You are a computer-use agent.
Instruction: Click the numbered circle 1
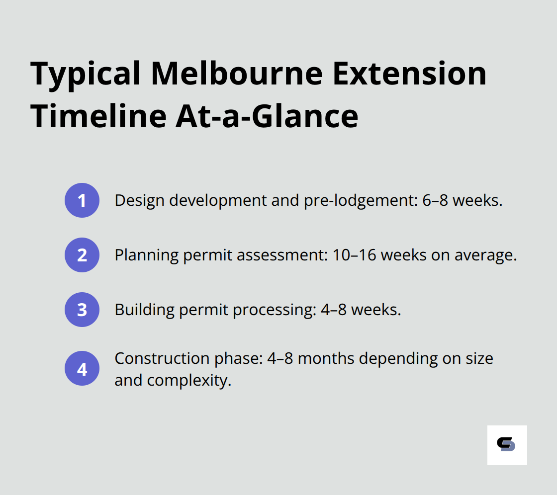(82, 200)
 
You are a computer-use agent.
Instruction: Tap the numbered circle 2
(82, 255)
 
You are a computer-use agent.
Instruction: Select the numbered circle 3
(82, 310)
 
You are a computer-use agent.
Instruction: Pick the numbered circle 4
(82, 369)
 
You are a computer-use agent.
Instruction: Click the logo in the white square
(506, 445)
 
